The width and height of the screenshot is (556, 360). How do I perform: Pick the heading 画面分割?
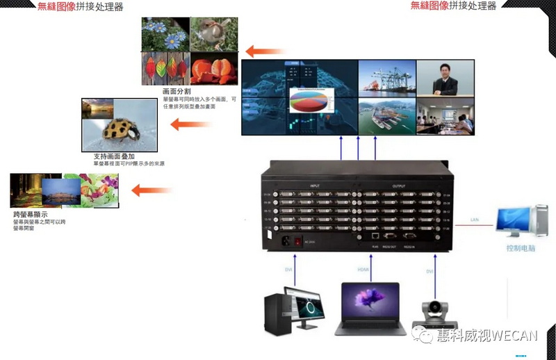pos(177,91)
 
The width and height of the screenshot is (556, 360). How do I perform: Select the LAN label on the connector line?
pos(474,220)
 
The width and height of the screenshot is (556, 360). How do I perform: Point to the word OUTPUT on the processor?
pos(399,186)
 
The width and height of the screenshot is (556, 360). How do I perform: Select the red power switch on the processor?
pos(299,243)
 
